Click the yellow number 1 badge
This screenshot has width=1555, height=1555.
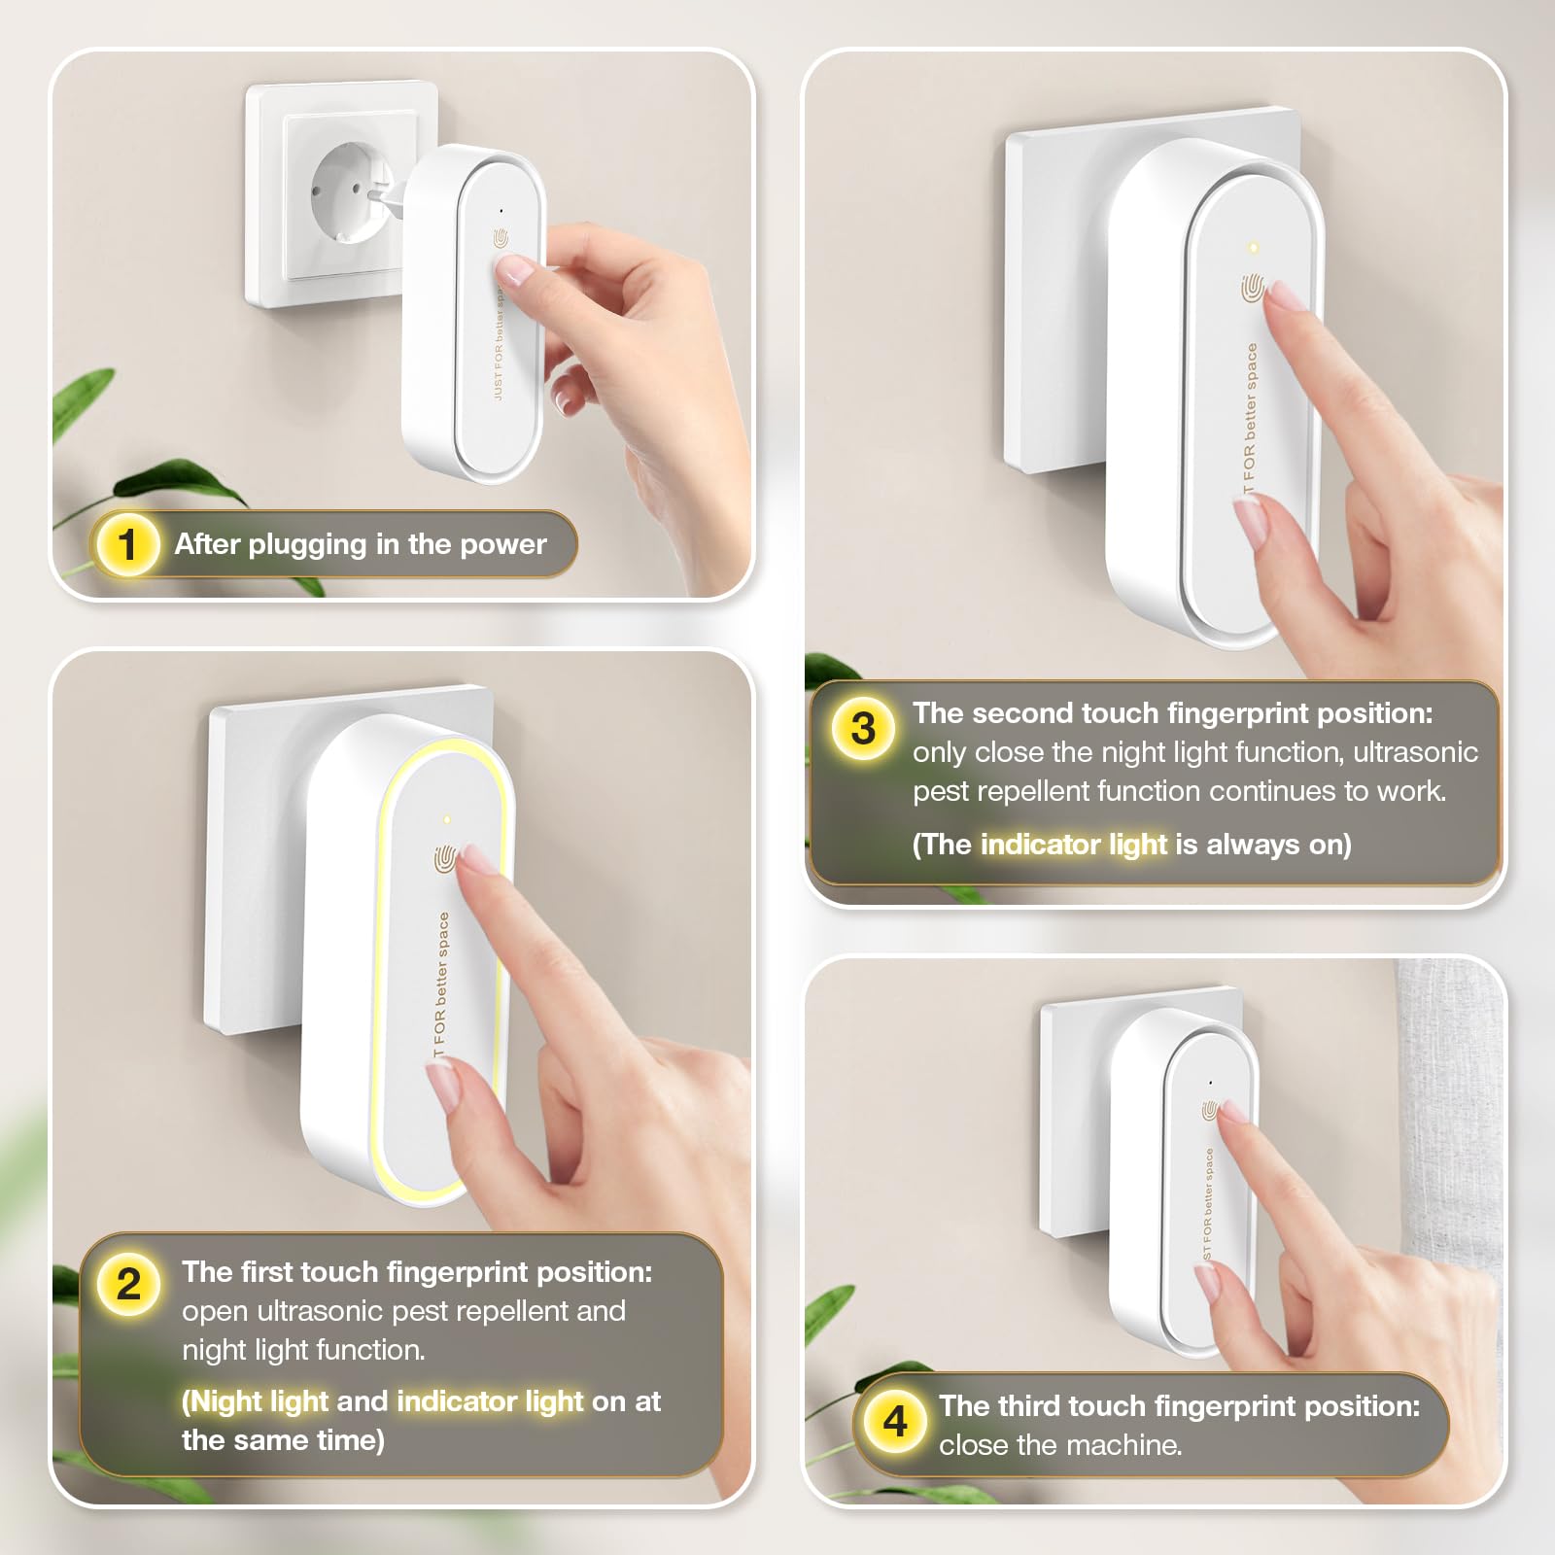pos(127,544)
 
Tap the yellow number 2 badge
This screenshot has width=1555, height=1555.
pos(128,1285)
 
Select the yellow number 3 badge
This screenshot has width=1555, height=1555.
pos(863,729)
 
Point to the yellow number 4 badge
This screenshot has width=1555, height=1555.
pos(894,1422)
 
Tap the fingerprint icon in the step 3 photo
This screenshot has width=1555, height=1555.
pos(1252,289)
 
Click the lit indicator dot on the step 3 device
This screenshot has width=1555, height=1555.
pos(1254,247)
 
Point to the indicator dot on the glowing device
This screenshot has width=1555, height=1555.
pos(446,820)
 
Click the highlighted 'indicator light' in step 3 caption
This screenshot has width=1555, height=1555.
pos(1074,845)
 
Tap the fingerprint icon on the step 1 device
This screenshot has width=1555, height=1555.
pos(501,238)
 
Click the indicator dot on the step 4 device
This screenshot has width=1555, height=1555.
pos(1210,1082)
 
